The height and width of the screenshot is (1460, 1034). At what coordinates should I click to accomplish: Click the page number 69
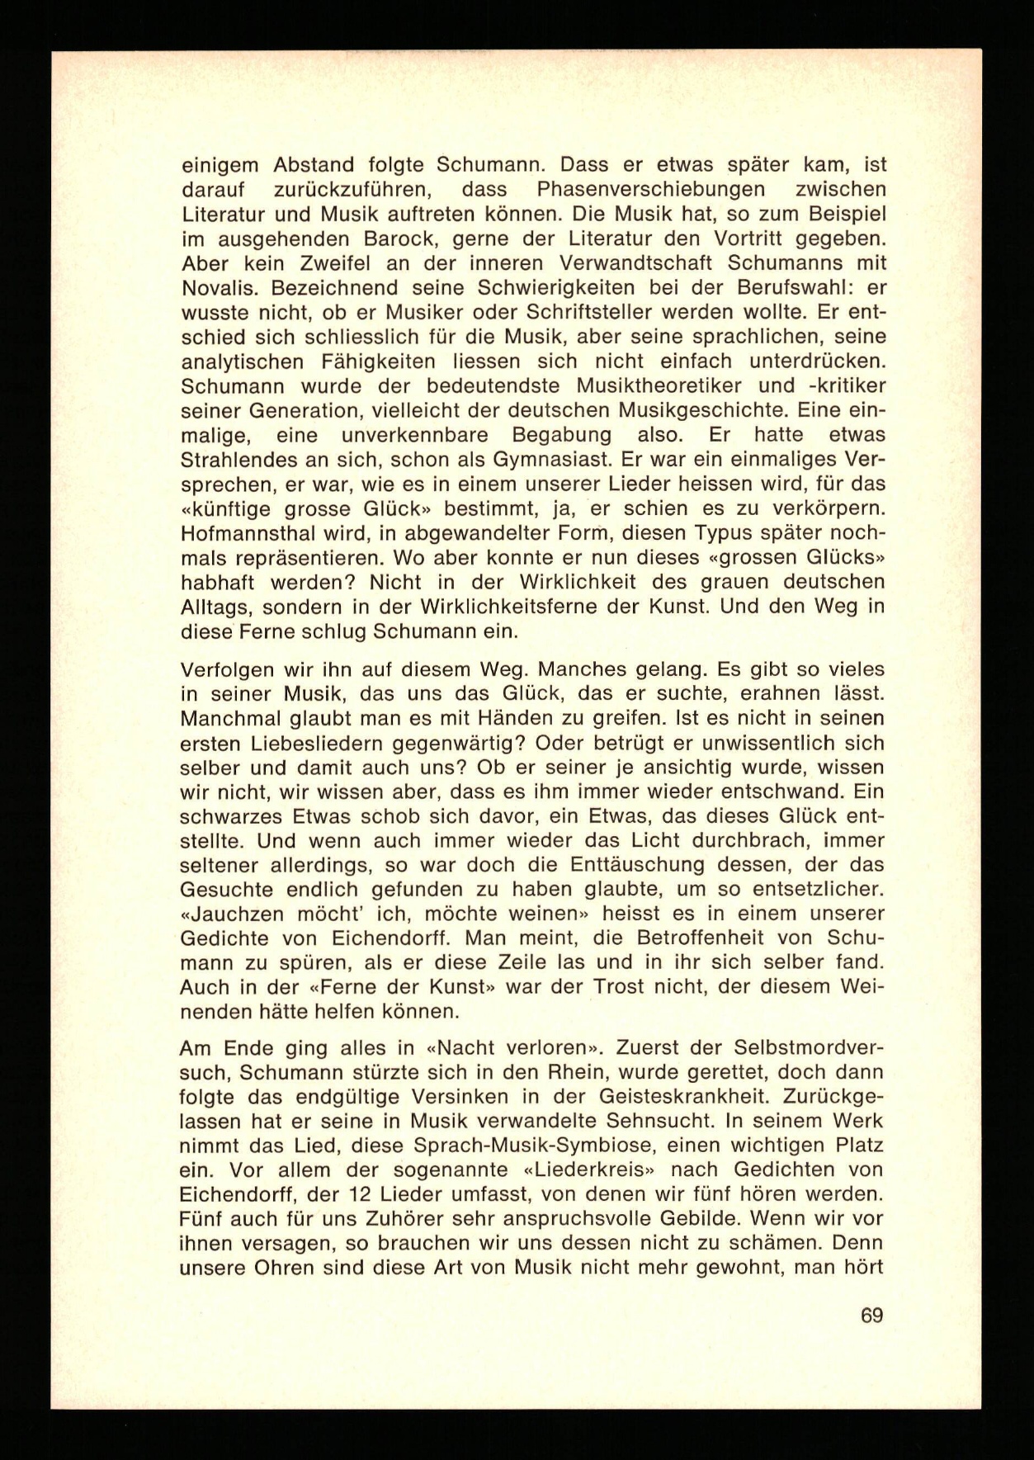(871, 1315)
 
